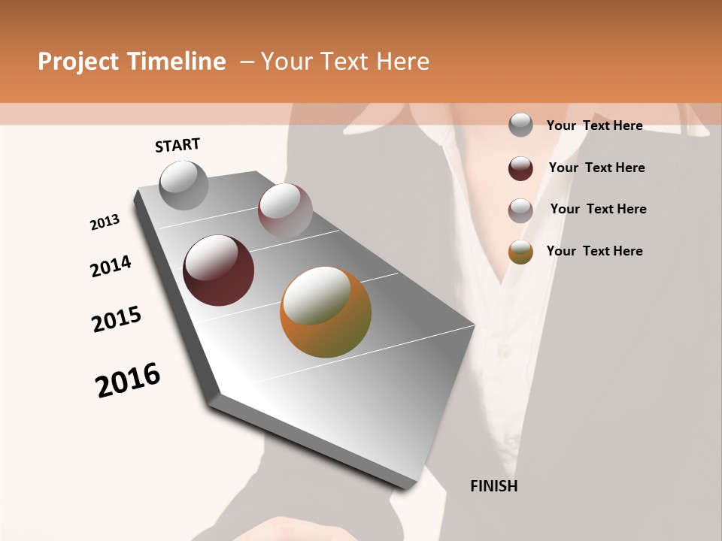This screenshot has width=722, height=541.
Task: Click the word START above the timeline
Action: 177,145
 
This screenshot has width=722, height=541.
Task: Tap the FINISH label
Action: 493,486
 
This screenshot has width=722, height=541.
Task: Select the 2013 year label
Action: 105,222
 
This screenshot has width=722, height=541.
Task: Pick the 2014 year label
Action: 111,266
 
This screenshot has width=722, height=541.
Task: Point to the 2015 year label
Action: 116,319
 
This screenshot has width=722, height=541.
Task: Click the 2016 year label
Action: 128,379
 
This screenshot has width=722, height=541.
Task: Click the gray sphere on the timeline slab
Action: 184,185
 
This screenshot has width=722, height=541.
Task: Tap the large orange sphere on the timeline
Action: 326,312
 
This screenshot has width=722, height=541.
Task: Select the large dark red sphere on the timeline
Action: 219,270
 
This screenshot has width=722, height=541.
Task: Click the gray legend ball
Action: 520,125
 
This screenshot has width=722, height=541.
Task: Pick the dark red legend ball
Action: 520,168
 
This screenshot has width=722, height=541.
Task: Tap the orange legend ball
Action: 520,252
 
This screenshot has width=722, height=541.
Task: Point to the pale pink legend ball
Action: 520,210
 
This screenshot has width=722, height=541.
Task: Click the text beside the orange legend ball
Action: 594,251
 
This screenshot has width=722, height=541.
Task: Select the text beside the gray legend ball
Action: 594,125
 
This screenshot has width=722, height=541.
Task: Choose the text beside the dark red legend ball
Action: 596,168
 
